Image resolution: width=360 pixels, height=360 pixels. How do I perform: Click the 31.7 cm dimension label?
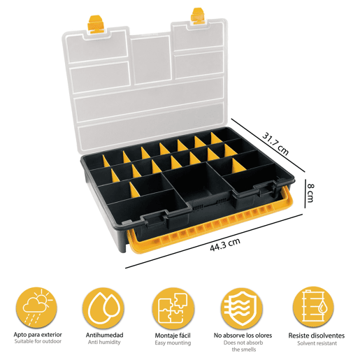point(275,143)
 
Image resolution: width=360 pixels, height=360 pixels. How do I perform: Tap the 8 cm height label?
point(310,193)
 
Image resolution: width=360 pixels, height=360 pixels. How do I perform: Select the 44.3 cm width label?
point(225,245)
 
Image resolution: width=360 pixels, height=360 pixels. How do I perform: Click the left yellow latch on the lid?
point(94,24)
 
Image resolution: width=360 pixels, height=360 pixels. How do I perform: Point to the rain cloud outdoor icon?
point(37,308)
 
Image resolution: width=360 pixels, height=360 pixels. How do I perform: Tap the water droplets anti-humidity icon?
point(103,308)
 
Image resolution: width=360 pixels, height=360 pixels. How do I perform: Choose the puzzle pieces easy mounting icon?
point(173,308)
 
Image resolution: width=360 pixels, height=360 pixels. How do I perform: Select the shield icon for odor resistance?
point(243,308)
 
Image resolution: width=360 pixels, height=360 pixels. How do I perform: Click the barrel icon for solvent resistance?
point(313,308)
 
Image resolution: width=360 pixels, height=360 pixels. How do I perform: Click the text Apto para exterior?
point(38,335)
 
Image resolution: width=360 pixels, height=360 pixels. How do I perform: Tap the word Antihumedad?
point(104,336)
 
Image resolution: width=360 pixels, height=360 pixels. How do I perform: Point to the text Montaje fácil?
point(173,336)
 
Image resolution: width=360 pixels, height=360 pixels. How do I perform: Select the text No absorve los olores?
point(243,336)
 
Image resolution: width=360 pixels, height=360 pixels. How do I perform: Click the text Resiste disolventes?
point(317,336)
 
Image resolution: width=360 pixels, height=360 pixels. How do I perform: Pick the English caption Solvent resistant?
point(317,343)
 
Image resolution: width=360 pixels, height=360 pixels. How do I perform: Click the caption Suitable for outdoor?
point(38,341)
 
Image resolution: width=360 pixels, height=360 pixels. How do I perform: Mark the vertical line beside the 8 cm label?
point(305,194)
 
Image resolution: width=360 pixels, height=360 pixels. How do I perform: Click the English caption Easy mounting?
point(173,343)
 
